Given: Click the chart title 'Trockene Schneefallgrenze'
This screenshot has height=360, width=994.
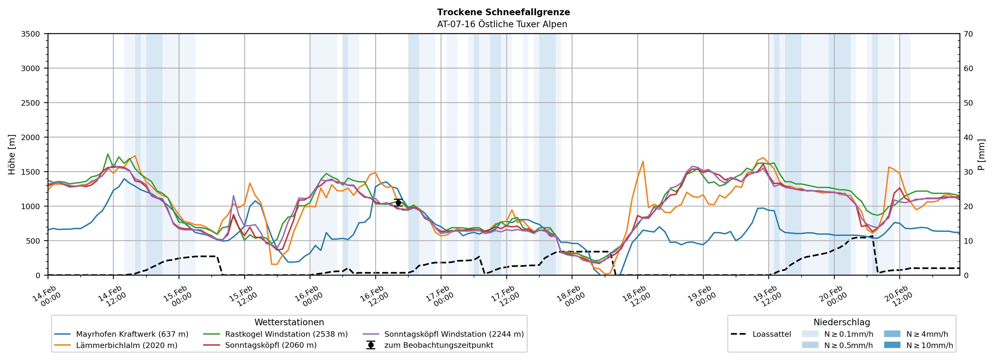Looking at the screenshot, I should coord(503,12).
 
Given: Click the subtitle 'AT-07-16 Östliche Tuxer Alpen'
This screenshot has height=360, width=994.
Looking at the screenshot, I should coord(502,24).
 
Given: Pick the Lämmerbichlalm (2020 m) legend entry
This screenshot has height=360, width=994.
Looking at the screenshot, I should coord(127,345).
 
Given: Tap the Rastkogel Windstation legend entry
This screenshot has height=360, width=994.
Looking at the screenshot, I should coord(286,334).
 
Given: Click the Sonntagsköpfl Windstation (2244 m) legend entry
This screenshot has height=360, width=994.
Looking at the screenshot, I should coord(454,334).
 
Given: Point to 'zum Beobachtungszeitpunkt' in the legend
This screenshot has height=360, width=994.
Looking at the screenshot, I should coord(438,345).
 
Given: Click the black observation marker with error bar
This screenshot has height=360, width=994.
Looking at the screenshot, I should coord(398,203).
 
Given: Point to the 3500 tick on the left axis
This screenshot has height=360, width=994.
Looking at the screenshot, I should coord(31,34).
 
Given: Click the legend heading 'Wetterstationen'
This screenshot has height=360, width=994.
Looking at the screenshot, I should coord(289,322).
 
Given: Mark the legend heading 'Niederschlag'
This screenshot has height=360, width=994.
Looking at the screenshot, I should coord(842,322).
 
